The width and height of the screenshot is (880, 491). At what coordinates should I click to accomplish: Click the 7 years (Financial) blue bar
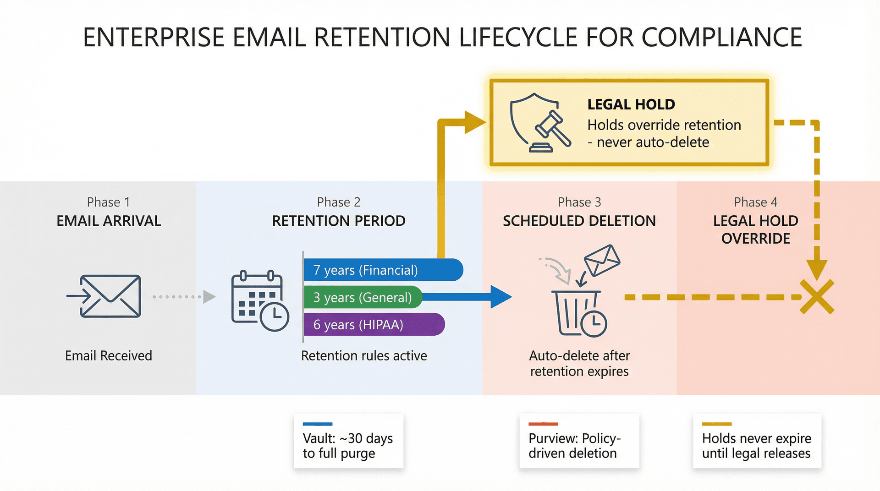tap(383, 270)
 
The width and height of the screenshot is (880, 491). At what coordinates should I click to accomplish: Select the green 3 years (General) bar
tap(362, 297)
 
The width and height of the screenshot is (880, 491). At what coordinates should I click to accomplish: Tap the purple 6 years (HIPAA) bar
tap(374, 324)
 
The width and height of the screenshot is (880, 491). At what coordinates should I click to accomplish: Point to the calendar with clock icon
tap(259, 301)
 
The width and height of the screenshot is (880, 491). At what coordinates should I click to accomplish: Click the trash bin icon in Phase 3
tap(578, 313)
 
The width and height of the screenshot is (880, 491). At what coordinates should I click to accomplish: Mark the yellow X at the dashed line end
tap(817, 297)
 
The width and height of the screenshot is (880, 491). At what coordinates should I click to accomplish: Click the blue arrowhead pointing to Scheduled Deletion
tap(500, 297)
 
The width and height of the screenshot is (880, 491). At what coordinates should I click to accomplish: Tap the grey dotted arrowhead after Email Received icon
tap(209, 297)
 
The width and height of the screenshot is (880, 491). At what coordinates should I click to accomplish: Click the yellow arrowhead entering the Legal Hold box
tap(475, 122)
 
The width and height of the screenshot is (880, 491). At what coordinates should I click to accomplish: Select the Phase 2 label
tap(338, 202)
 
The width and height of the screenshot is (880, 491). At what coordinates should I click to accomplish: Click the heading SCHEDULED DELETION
tap(579, 221)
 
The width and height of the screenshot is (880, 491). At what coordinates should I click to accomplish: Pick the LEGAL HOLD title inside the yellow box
tap(631, 104)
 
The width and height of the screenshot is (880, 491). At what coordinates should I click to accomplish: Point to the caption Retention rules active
tap(363, 355)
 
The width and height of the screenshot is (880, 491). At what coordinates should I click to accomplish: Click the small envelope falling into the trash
tap(602, 260)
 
